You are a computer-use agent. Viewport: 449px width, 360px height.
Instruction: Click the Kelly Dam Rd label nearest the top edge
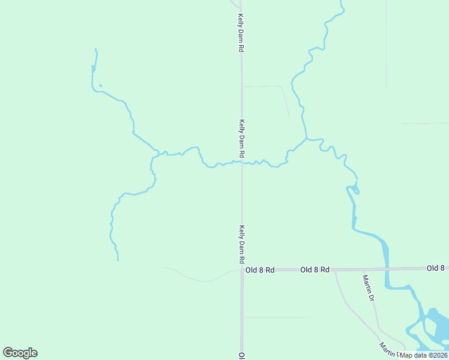[x=241, y=32]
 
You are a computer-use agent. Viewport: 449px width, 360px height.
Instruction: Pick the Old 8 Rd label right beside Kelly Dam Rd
[x=260, y=271]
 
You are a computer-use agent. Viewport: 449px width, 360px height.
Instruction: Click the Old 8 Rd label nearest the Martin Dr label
[x=315, y=270]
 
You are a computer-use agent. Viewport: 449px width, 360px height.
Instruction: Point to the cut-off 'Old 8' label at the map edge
[x=437, y=268]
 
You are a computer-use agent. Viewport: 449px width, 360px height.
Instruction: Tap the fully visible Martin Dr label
[x=368, y=288]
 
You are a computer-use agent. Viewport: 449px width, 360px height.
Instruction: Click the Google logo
[x=20, y=353]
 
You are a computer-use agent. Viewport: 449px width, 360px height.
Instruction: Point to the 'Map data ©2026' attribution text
[x=423, y=355]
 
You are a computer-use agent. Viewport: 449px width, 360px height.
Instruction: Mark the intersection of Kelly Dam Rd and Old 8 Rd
[x=242, y=271]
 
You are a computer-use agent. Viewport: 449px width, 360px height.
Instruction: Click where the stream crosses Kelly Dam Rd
[x=242, y=162]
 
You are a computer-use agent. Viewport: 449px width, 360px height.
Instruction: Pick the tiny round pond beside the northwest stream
[x=100, y=86]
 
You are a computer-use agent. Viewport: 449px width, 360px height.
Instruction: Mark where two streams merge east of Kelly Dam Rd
[x=307, y=139]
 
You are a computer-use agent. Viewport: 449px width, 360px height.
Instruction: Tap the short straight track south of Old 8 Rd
[x=277, y=317]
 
